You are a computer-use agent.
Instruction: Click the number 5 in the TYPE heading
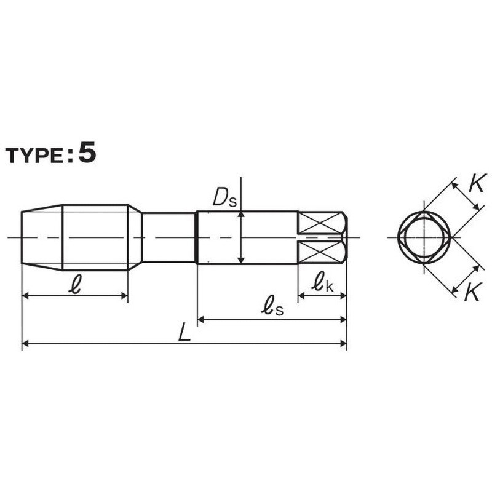pos(87,153)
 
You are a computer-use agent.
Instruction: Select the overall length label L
pos(184,333)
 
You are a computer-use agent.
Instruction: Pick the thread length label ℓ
pos(74,285)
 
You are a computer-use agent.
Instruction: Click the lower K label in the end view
pos(472,293)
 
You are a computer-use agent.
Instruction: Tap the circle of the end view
pos(424,237)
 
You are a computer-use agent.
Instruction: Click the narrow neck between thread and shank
pos(169,237)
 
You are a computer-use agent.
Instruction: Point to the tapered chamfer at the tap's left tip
pos(42,237)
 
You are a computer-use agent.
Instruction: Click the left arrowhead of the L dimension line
pos(25,343)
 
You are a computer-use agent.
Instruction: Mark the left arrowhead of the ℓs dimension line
pos(200,319)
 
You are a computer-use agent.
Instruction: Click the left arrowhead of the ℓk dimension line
pos(301,296)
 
